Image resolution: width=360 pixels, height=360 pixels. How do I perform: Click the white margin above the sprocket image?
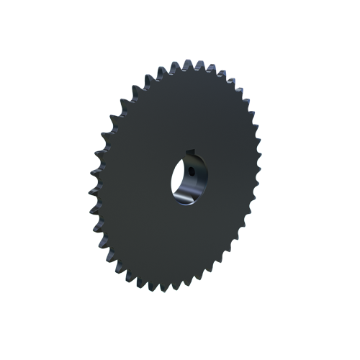tap(180, 29)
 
